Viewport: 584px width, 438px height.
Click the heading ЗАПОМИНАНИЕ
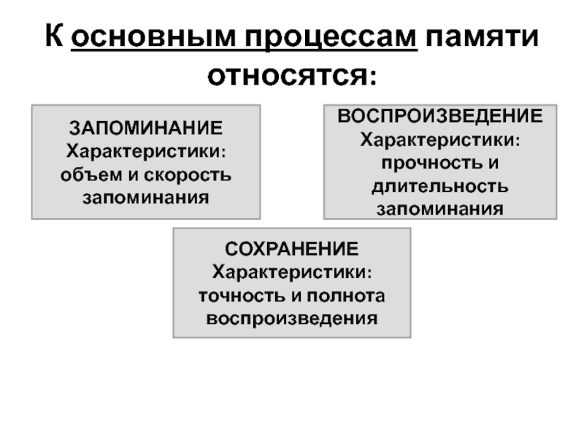coord(146,129)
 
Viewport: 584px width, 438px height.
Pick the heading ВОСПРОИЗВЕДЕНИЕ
coord(439,116)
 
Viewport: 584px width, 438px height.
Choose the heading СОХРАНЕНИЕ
coord(292,250)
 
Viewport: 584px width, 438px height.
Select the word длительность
coord(439,185)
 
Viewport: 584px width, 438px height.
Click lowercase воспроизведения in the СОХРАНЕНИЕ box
coord(292,319)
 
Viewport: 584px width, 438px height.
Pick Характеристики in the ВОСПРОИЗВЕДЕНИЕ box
coord(439,139)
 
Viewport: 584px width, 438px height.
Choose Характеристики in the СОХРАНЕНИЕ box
coord(292,272)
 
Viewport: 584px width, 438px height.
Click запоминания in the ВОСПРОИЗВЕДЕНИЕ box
coord(439,209)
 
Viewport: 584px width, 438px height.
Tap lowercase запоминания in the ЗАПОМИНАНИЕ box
coord(146,198)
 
